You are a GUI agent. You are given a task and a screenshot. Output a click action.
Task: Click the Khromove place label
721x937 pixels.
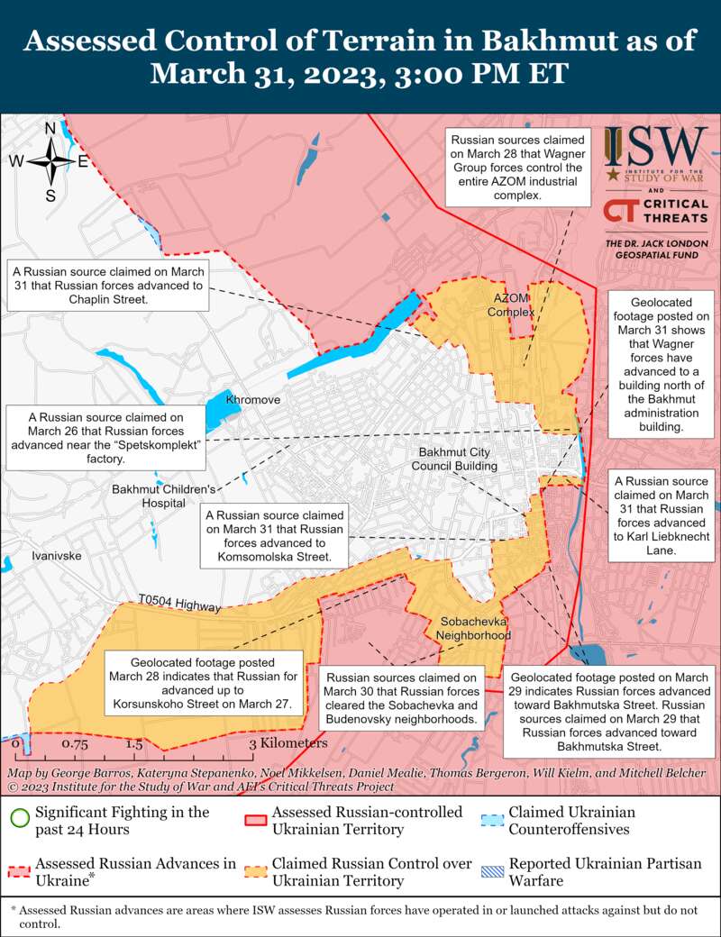click(253, 399)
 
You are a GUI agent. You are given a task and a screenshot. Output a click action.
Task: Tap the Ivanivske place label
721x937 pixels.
click(56, 556)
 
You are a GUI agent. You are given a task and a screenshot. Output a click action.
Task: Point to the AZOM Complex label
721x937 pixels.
click(511, 305)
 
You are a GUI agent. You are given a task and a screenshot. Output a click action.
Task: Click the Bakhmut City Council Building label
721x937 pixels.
click(454, 459)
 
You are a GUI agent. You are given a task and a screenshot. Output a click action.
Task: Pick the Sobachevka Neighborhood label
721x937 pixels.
click(473, 628)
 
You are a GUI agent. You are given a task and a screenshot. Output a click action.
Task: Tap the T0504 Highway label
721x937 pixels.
click(180, 604)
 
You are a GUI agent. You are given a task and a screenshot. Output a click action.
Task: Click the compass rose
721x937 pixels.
click(50, 162)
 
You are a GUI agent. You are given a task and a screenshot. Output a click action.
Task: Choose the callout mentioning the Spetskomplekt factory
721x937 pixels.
click(106, 438)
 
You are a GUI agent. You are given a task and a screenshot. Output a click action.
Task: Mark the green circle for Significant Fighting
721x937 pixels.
click(20, 819)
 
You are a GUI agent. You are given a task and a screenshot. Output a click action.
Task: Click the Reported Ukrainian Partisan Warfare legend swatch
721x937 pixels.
click(492, 871)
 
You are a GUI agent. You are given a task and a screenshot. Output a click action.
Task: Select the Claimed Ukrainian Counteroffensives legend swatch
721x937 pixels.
click(492, 819)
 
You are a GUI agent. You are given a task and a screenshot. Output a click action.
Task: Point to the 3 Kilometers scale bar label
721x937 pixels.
click(287, 743)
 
